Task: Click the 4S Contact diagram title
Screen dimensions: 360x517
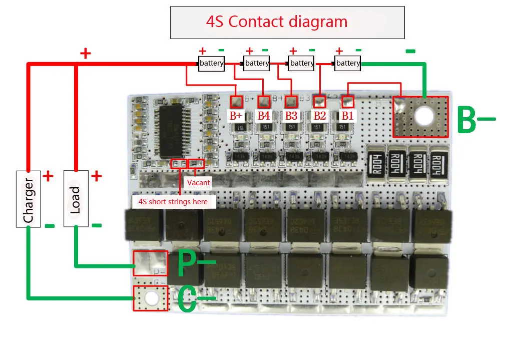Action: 277,22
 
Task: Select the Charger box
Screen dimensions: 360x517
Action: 28,198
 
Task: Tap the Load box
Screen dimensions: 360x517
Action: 76,198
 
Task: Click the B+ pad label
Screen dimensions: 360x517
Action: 236,115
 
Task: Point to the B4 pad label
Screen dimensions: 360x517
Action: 264,115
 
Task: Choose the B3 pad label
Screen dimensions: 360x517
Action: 291,115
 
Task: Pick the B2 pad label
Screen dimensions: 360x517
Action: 319,115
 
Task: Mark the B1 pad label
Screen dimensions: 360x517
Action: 347,115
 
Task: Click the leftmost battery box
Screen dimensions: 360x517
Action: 211,64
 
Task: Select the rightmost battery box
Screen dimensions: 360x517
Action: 348,63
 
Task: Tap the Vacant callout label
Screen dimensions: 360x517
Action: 199,183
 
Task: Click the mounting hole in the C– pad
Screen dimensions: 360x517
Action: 151,298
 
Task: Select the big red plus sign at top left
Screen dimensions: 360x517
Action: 86,53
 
